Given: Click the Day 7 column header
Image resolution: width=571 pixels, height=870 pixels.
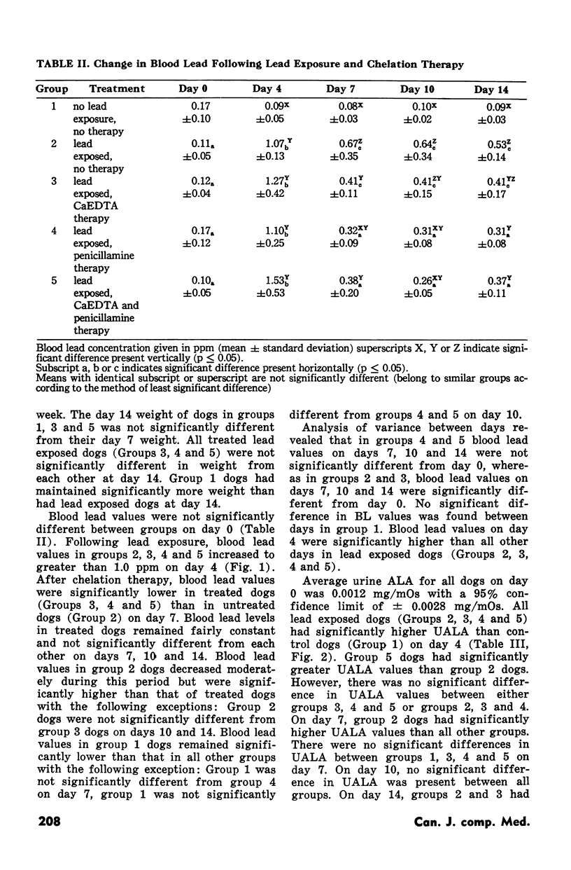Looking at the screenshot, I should click(337, 89).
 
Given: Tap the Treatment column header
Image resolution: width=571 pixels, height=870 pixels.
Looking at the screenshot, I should click(117, 89).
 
